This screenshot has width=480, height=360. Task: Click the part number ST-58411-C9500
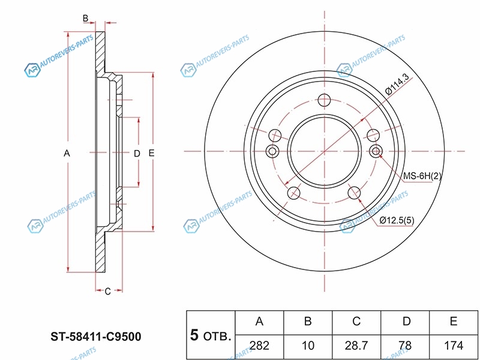point(96,337)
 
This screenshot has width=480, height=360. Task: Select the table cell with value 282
point(260,345)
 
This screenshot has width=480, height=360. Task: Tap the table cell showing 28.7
point(356,345)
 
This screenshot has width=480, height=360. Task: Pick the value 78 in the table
point(406,345)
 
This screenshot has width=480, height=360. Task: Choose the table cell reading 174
point(454,345)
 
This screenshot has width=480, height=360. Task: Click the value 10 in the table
point(308,345)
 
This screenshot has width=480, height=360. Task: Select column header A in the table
point(260,322)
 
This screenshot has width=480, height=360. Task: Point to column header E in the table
point(454,322)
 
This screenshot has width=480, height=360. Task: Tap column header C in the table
point(356,322)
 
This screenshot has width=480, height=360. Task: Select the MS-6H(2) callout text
point(422,176)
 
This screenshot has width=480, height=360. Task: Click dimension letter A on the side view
point(67,154)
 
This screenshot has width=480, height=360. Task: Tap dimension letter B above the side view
point(86,19)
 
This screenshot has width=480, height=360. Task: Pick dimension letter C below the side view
point(107,292)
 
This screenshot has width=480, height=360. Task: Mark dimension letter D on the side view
point(137,154)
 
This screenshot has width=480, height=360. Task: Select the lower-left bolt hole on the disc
point(294,193)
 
